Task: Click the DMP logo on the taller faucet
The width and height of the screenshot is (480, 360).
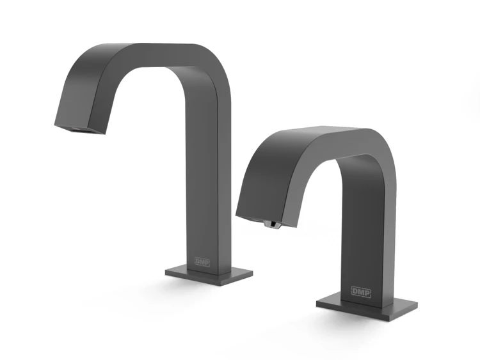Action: [x=202, y=262]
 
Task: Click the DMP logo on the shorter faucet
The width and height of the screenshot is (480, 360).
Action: [x=361, y=292]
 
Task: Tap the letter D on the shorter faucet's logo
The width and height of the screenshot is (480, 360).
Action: [x=355, y=291]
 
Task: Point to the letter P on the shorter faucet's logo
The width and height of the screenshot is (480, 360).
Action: [x=367, y=292]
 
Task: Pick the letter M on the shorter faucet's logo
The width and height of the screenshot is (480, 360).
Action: [x=361, y=292]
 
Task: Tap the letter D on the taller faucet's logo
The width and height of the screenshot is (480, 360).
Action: [x=198, y=262]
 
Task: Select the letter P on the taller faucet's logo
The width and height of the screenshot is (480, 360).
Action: [x=207, y=262]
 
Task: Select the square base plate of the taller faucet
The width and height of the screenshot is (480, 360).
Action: [x=209, y=276]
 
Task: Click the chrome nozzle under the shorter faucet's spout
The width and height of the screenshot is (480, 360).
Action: [x=271, y=224]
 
